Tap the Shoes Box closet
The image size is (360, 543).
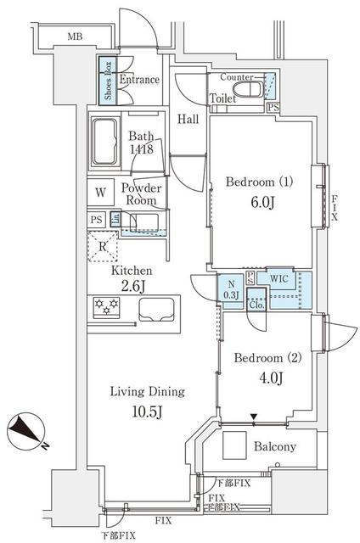108,81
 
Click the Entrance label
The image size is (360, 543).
139,80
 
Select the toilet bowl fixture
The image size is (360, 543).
252,89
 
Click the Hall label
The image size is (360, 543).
188,119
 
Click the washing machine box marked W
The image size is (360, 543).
100,192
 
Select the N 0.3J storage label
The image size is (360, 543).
231,288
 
